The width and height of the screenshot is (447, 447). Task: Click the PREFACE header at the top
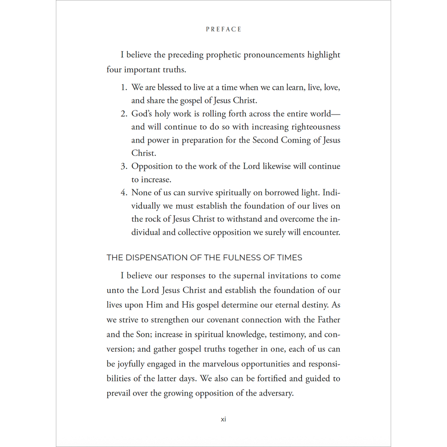coord(223,30)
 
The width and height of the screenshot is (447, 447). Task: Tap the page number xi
coord(223,419)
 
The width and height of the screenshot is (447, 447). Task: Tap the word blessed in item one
coord(171,88)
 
